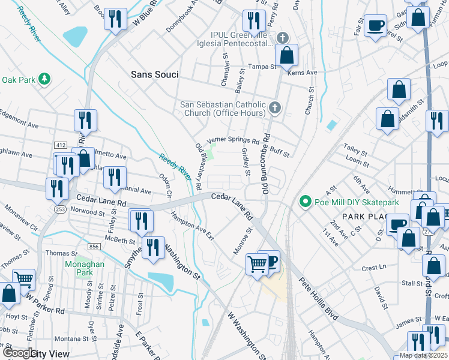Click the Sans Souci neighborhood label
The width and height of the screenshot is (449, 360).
155,74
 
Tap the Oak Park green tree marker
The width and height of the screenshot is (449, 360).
44,79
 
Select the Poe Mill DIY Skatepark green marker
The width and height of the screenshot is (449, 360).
306,202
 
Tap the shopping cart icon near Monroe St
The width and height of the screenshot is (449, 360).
257,263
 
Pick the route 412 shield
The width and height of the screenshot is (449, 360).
60,145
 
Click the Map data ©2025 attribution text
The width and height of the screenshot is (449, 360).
423,355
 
